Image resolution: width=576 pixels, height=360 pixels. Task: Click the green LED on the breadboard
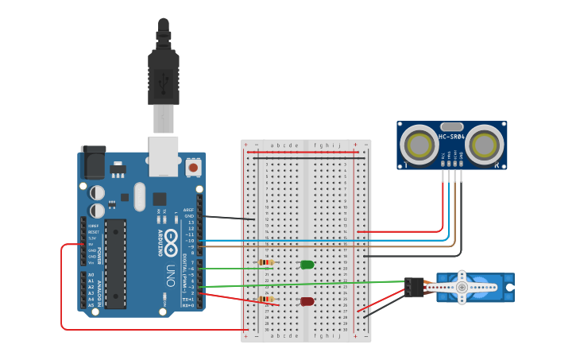click(x=307, y=265)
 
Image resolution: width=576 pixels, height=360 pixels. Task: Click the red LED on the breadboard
click(x=307, y=301)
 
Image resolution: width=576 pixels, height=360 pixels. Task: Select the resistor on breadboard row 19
click(x=267, y=262)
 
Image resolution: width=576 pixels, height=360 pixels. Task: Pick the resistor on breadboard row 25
click(x=267, y=299)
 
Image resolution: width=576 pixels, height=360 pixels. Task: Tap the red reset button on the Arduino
click(x=192, y=168)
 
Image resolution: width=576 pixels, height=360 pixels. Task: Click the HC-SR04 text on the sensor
click(x=452, y=137)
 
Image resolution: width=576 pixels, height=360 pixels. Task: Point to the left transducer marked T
click(x=418, y=145)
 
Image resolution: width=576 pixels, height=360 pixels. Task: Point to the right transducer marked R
click(x=485, y=145)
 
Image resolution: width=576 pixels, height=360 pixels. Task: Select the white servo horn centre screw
click(x=462, y=287)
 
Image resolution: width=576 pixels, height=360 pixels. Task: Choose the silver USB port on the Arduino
click(x=164, y=155)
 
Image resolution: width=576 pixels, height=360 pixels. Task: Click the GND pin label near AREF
click(x=189, y=216)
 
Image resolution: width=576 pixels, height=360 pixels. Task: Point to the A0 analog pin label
click(x=91, y=275)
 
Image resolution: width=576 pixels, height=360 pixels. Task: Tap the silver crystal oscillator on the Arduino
click(x=141, y=196)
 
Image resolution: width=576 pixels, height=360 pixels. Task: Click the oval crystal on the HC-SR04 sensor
click(x=451, y=126)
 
